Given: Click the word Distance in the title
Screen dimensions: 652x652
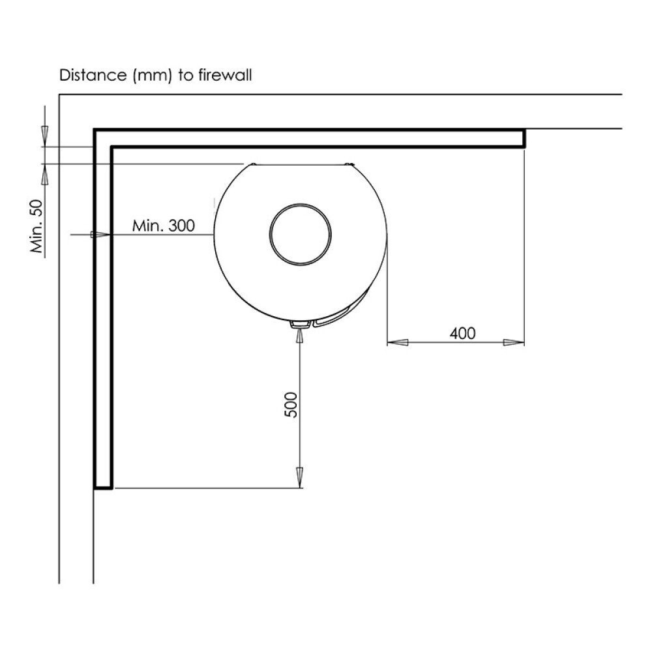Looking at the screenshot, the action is click(93, 75).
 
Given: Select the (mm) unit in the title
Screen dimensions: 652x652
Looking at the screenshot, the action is click(152, 76).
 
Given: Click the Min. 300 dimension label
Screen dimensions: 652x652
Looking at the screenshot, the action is click(164, 226).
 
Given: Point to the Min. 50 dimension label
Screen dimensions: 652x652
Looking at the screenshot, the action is click(37, 226).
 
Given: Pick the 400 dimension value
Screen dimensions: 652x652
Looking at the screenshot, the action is click(462, 333).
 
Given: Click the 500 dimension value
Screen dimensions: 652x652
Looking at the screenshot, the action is click(291, 405).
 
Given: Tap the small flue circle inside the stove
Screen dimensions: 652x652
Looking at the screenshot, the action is click(301, 234).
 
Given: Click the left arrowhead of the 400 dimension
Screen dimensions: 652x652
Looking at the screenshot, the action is click(398, 343).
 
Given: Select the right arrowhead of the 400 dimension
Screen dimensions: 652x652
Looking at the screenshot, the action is click(514, 343).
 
